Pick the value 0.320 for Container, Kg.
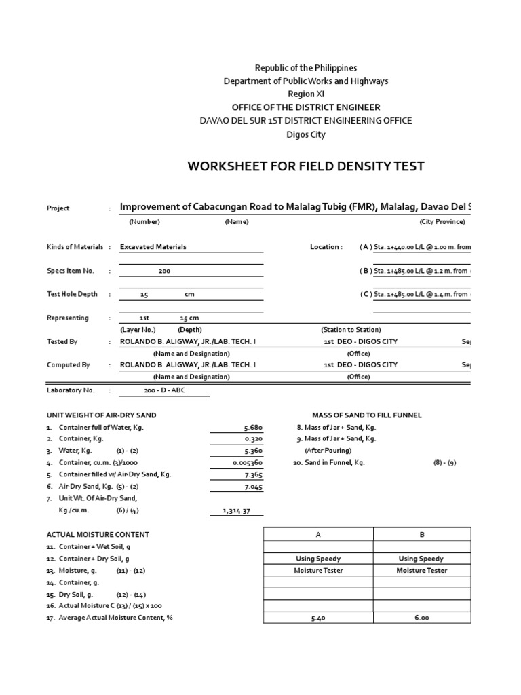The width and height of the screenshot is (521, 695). (x=252, y=439)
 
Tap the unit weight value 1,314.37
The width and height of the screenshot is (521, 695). (x=237, y=510)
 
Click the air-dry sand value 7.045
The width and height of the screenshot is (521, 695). (x=252, y=487)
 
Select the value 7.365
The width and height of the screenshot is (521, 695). (x=252, y=475)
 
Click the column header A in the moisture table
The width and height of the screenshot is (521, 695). (x=318, y=535)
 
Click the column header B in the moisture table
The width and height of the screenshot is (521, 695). (x=422, y=535)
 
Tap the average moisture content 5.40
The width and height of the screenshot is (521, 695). (x=318, y=618)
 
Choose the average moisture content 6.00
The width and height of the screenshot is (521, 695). (x=422, y=618)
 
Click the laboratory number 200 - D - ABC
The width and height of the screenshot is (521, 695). (x=164, y=391)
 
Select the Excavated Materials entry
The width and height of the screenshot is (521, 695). (x=153, y=247)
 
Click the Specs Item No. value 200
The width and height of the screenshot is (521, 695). (x=164, y=271)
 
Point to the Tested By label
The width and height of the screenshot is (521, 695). (x=62, y=341)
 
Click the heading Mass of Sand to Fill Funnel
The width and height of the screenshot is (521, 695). (x=366, y=415)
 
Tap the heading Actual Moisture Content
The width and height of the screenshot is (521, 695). (x=98, y=535)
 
